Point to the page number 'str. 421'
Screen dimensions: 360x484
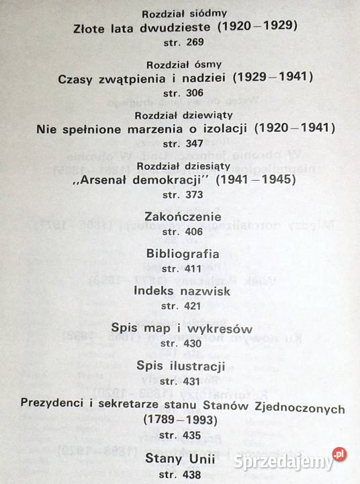(180, 306)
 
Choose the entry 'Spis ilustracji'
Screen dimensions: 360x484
(180, 366)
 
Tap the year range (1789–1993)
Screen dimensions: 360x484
(180, 419)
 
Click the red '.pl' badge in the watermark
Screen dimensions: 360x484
(340, 454)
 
